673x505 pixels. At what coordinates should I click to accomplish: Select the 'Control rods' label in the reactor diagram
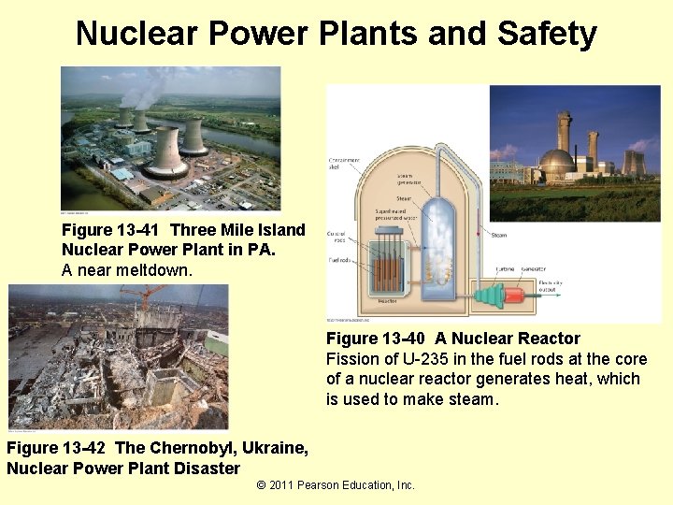click(x=336, y=236)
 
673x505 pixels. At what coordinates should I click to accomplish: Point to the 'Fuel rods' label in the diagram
click(x=337, y=261)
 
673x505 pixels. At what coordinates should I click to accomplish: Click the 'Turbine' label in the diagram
click(x=504, y=268)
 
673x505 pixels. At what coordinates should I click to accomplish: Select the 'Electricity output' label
click(x=551, y=285)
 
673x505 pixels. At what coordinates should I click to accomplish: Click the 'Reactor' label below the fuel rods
click(x=387, y=302)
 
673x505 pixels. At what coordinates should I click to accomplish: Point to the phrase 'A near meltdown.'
click(x=127, y=269)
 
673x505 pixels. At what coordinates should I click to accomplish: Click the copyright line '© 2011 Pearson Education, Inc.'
click(x=335, y=484)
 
